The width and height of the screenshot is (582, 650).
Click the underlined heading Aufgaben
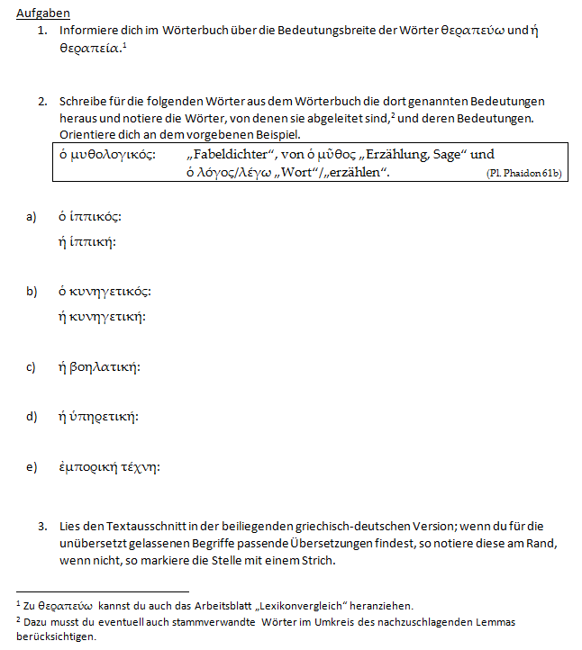43,14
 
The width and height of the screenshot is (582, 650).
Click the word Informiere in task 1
87,31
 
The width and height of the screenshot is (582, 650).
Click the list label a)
32,217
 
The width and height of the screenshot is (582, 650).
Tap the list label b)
32,291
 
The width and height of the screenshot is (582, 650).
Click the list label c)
32,366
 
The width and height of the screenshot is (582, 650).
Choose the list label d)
32,417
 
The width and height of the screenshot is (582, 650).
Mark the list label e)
32,467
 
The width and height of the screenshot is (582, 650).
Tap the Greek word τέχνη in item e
140,467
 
